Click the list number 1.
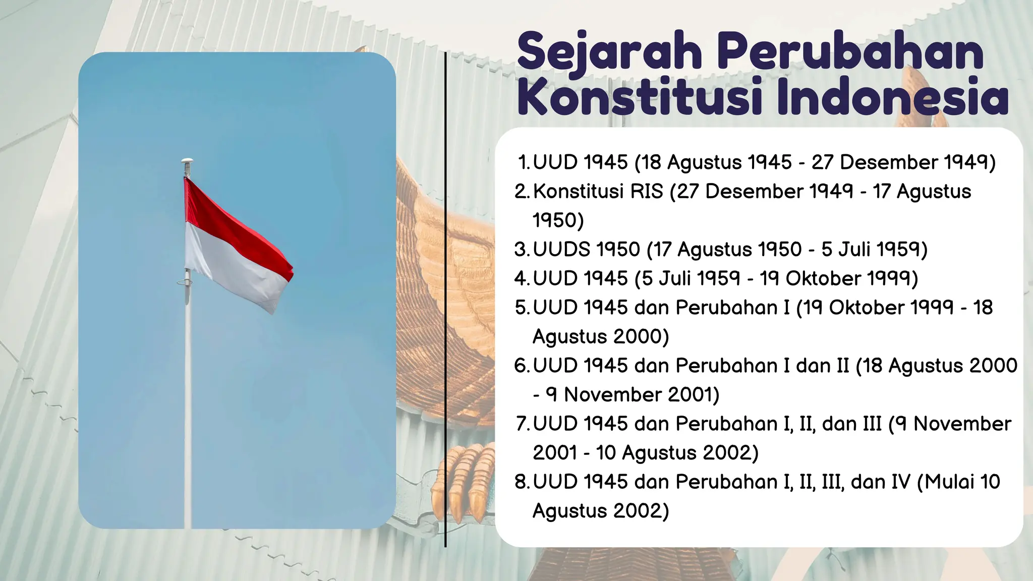pyautogui.click(x=523, y=162)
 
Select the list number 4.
pyautogui.click(x=521, y=278)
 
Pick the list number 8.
pyautogui.click(x=521, y=482)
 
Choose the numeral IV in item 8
pyautogui.click(x=900, y=482)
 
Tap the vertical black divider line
pyautogui.click(x=445, y=303)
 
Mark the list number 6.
pyautogui.click(x=521, y=366)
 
